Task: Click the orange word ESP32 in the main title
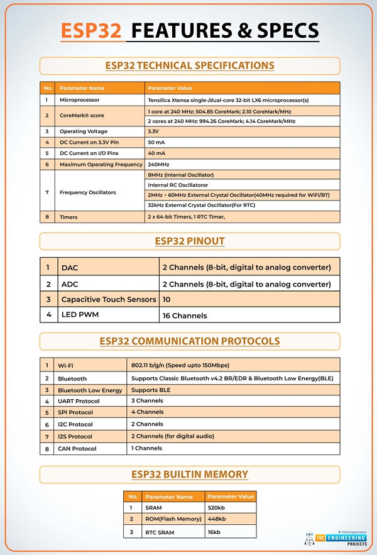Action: pos(91,31)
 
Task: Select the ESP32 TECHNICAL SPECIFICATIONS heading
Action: pos(189,65)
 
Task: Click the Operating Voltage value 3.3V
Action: pos(153,131)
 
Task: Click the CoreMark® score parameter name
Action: pos(82,116)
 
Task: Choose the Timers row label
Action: pos(69,216)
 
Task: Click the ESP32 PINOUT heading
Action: pos(189,241)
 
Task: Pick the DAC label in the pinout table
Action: pos(70,268)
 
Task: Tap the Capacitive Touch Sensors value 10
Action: pos(167,299)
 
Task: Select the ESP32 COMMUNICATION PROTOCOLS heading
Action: pos(189,341)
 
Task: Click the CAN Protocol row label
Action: pos(77,449)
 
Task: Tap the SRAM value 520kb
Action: pos(217,508)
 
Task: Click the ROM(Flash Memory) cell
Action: pos(173,519)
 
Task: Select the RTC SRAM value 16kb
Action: pos(216,532)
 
